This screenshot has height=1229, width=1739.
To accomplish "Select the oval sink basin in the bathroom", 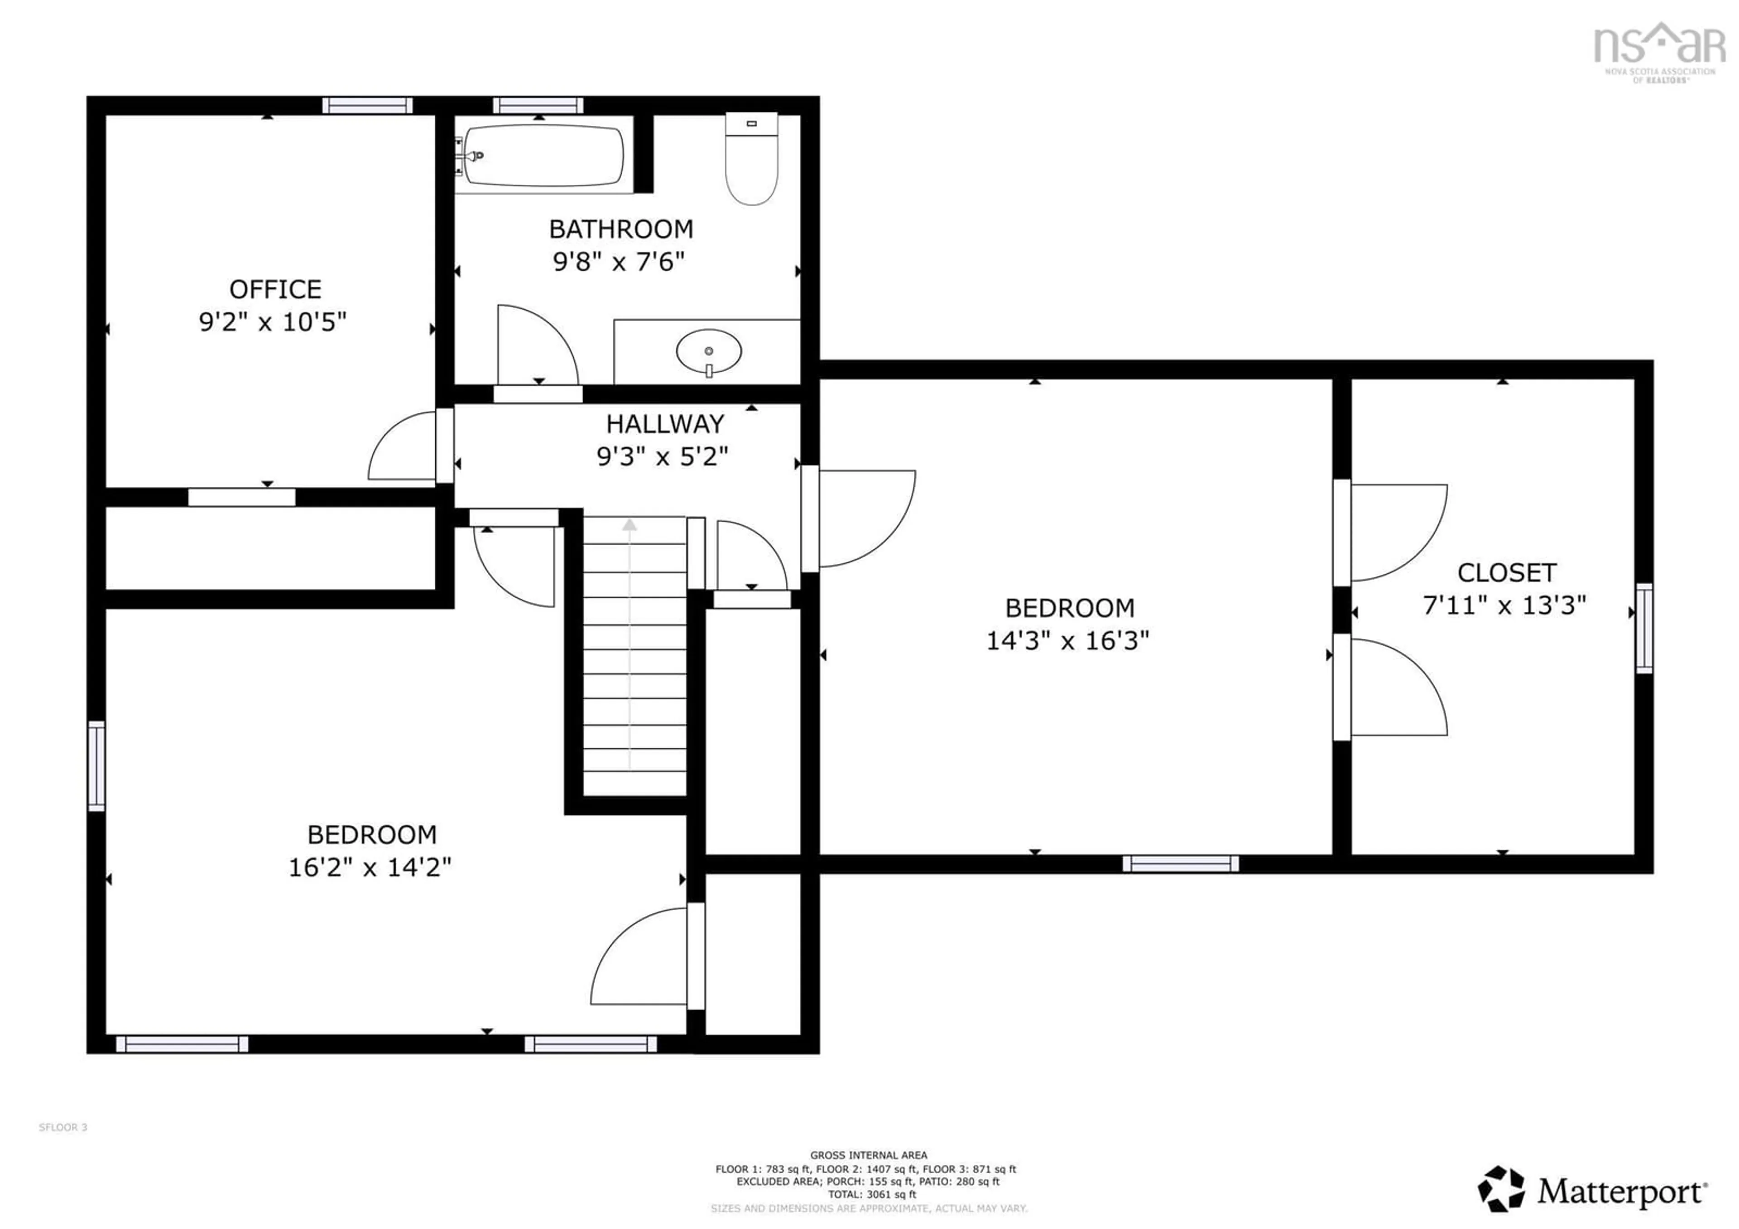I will (709, 350).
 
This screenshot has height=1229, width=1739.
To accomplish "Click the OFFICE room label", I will (275, 289).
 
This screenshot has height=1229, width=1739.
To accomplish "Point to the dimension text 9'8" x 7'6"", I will (618, 262).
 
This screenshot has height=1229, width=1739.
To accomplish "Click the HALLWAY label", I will (664, 424).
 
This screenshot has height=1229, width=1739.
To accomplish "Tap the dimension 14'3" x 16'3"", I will (1067, 641).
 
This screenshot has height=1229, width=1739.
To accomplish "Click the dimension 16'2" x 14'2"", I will (370, 868).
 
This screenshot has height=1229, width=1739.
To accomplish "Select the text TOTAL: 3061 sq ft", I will (872, 1194).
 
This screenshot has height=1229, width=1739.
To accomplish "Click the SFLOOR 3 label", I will (63, 1128).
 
